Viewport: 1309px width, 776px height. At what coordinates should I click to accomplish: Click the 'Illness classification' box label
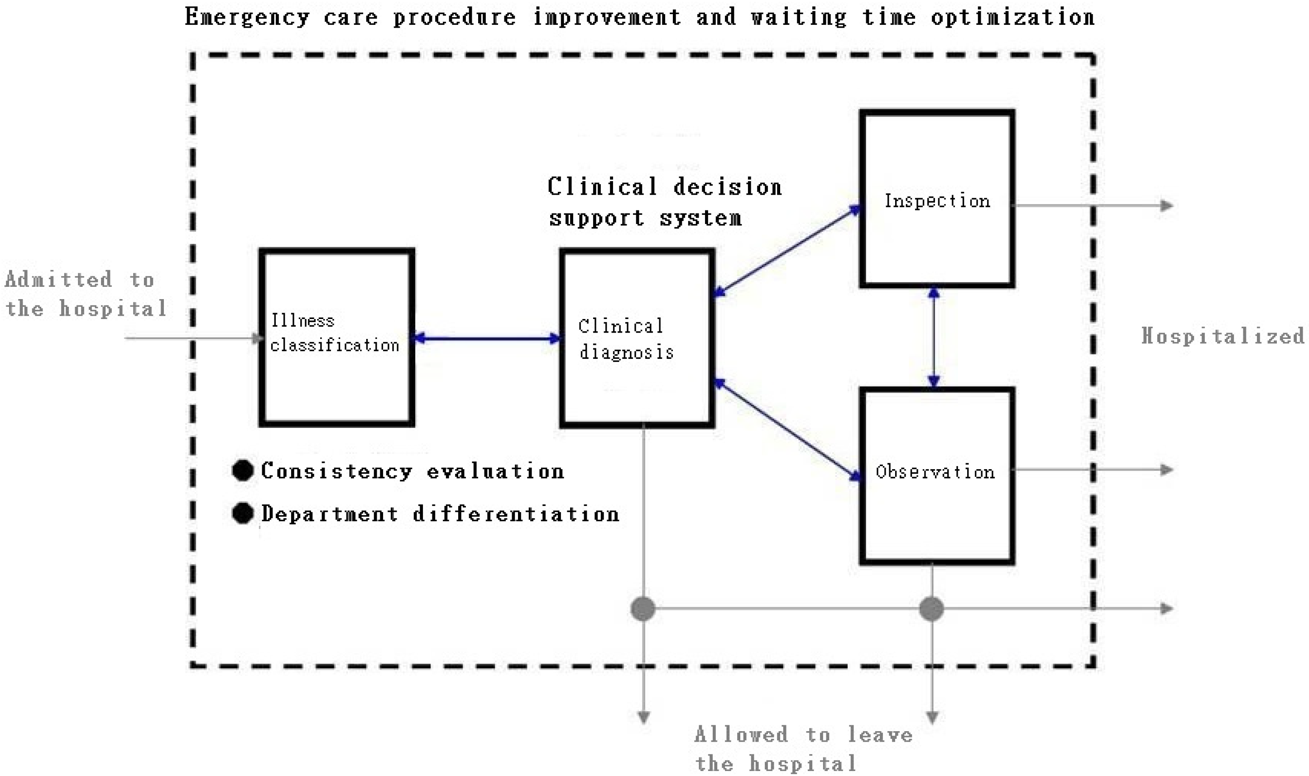coord(335,333)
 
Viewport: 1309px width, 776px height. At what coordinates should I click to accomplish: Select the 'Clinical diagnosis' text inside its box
coord(626,339)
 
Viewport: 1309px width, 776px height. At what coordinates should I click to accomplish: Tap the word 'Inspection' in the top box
coord(937,201)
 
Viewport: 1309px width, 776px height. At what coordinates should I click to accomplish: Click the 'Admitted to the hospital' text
coord(85,294)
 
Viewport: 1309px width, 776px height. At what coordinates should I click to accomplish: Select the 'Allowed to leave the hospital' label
coord(803,749)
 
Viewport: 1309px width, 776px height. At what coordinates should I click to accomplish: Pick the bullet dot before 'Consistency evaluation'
coord(243,471)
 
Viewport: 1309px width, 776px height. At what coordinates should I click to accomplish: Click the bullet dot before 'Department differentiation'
coord(243,514)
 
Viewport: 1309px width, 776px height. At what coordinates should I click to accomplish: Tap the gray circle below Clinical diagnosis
coord(643,609)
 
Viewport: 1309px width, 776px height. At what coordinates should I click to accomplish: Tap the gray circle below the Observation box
coord(931,609)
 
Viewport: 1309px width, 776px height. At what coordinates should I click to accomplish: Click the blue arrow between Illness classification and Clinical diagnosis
coord(487,339)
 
